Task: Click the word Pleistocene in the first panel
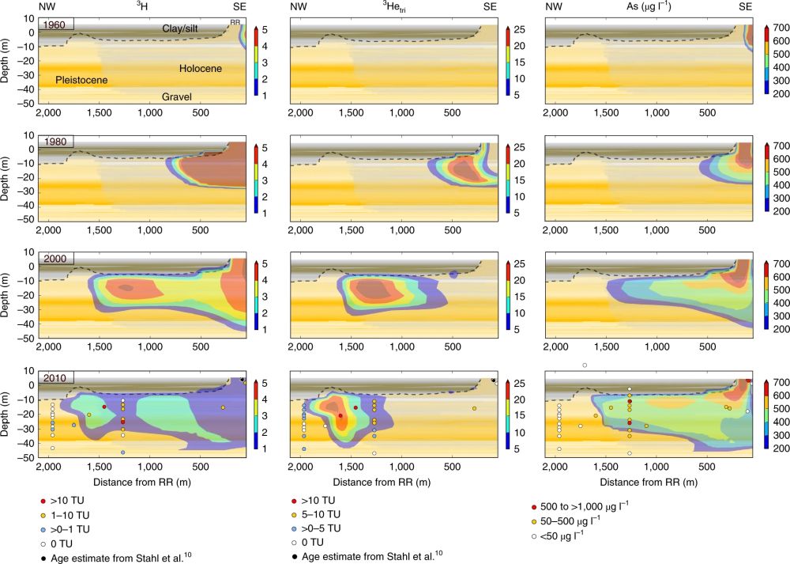[81, 80]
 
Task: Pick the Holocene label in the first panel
[200, 69]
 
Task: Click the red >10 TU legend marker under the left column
[42, 502]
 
